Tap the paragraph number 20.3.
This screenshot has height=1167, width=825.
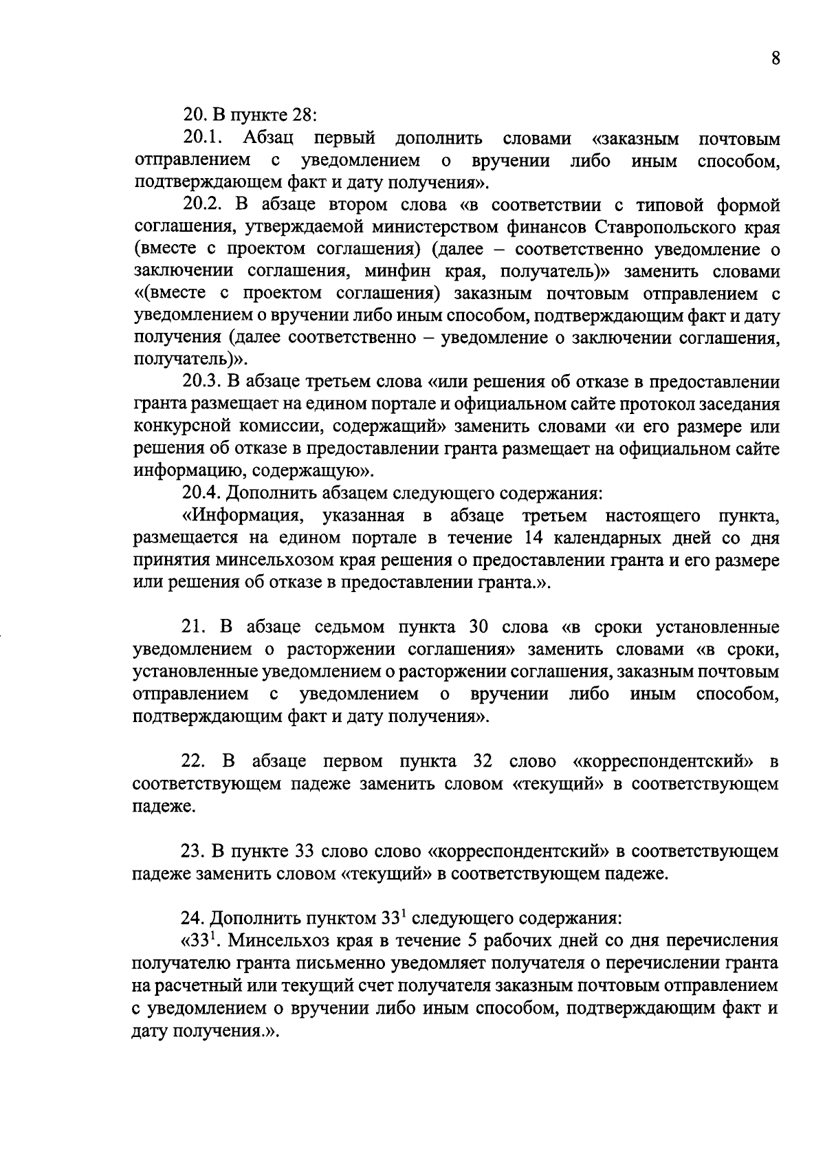pyautogui.click(x=201, y=382)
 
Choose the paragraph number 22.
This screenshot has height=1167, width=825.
pyautogui.click(x=192, y=762)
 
